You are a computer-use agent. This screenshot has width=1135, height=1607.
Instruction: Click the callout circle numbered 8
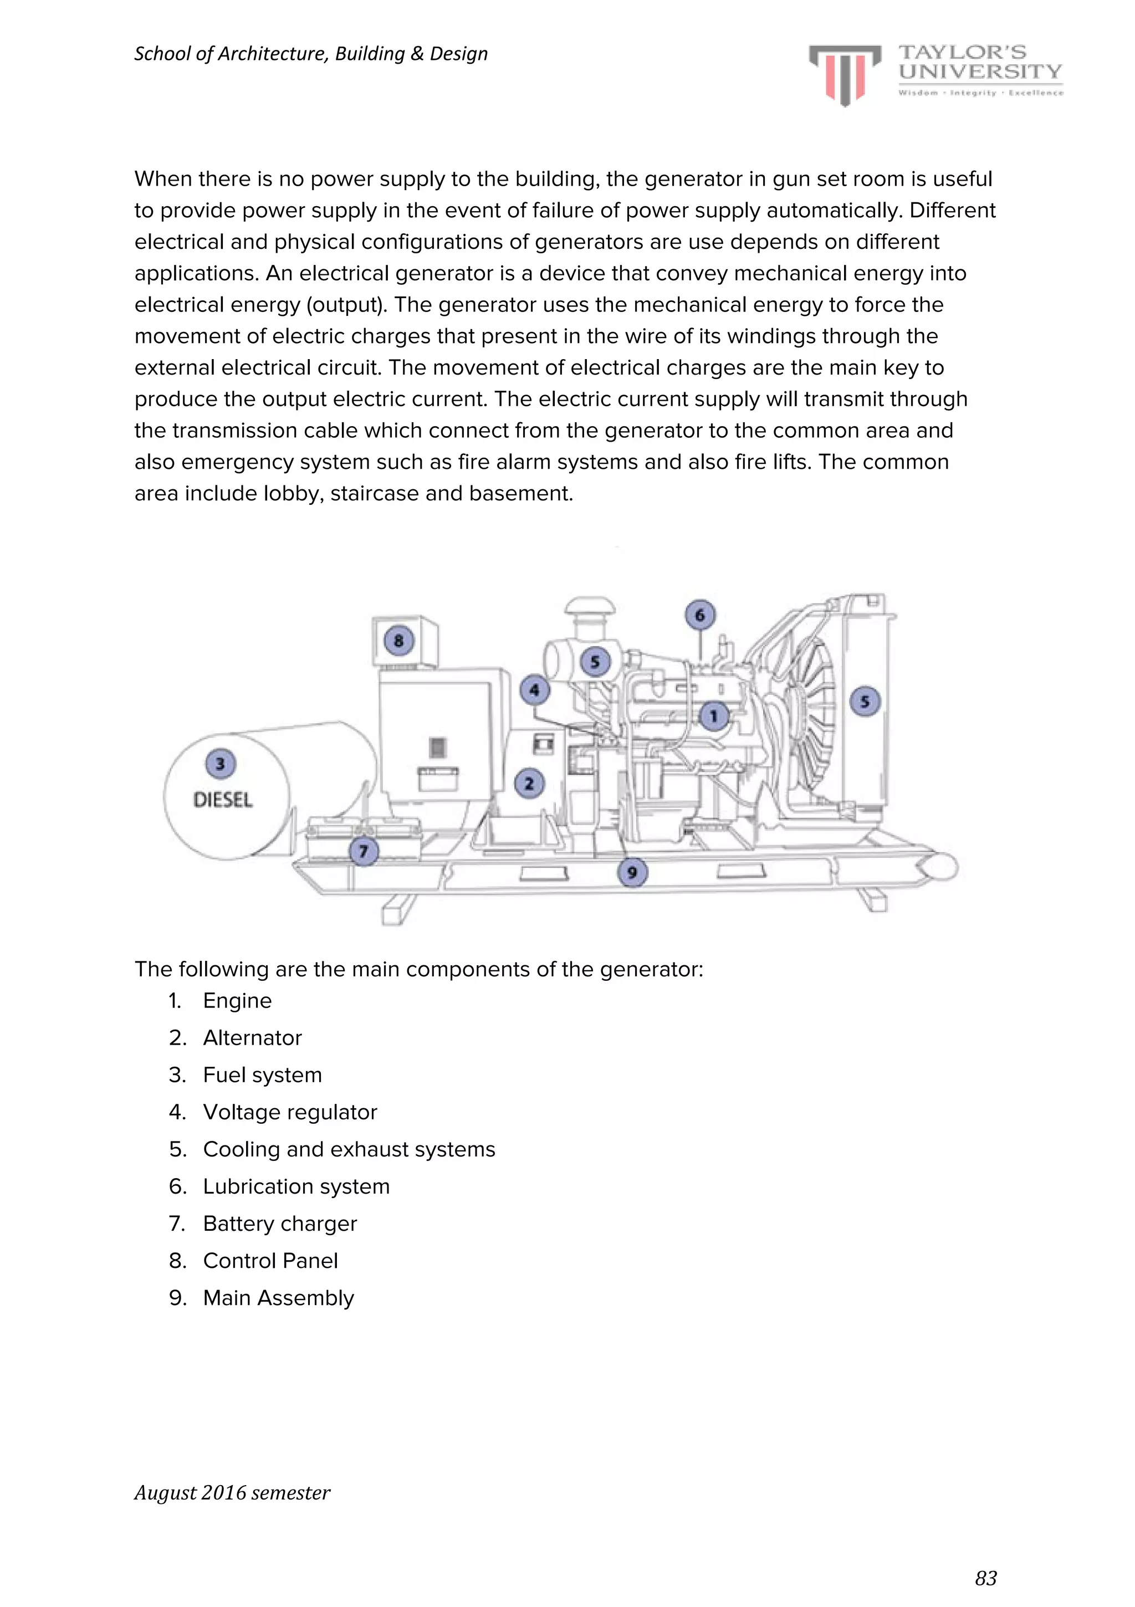398,641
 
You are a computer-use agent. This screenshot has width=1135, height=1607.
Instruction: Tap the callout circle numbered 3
221,764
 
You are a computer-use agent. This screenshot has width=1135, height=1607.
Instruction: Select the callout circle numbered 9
632,872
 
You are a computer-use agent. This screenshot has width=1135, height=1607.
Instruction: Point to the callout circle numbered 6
699,615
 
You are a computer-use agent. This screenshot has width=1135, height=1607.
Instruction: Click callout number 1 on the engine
713,716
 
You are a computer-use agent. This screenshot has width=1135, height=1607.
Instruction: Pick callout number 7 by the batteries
364,852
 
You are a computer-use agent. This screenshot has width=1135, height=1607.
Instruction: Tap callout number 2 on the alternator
529,783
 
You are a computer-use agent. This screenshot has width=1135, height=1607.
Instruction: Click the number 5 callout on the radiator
865,702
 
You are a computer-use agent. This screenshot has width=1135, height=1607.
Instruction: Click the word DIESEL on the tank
223,800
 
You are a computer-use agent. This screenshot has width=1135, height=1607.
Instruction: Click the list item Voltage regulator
289,1112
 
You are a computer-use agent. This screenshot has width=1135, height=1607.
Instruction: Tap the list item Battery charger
279,1224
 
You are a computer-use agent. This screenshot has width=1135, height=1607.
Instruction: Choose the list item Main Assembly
278,1298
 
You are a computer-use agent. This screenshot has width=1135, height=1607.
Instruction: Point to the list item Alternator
252,1038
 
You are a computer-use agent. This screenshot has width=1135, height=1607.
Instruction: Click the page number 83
985,1578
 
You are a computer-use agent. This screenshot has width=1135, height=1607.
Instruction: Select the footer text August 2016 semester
232,1493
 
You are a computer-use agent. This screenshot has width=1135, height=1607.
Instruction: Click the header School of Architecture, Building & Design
310,54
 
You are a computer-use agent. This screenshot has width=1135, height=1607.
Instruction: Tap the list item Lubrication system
295,1186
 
